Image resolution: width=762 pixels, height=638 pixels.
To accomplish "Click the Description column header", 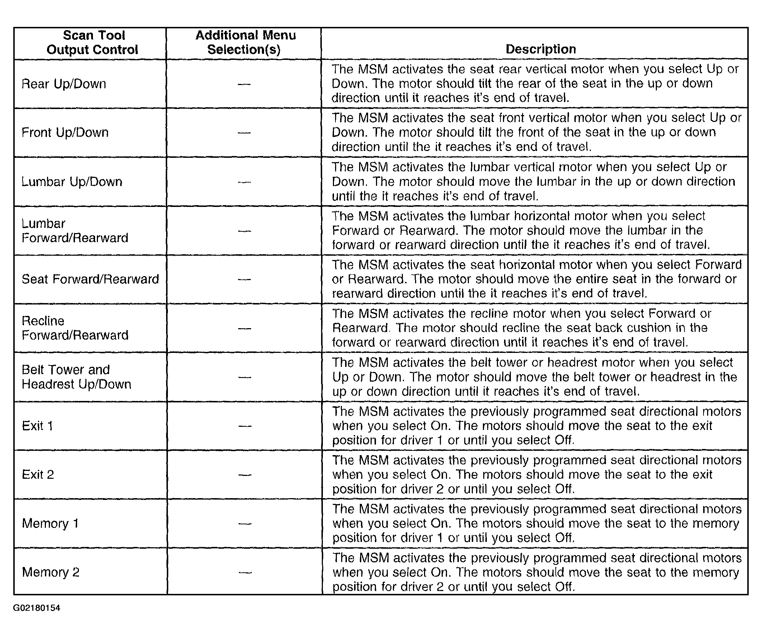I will click(x=540, y=49).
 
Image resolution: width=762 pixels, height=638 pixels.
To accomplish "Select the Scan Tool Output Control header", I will click(x=93, y=42).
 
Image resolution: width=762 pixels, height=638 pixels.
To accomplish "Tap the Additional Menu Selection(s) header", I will click(x=245, y=42).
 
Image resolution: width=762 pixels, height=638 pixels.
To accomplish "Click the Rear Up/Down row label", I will click(x=64, y=84).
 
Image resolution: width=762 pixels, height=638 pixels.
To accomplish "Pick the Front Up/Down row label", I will click(x=65, y=132).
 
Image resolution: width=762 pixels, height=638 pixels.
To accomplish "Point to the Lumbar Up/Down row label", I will click(x=72, y=181).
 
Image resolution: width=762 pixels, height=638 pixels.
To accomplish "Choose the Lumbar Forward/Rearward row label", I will click(x=75, y=230).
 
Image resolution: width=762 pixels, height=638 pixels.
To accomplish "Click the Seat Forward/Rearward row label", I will click(x=90, y=279).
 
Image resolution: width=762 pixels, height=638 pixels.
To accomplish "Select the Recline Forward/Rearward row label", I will click(x=75, y=328).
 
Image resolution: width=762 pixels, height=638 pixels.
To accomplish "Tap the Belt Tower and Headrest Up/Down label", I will click(x=76, y=377).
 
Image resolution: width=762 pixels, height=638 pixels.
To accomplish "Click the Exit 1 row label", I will click(x=37, y=425).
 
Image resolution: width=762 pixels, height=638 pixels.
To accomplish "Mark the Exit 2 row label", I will click(x=38, y=474).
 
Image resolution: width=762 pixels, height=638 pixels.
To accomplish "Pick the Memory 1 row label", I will click(x=50, y=523).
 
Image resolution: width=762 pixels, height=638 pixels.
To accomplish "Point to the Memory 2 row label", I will click(x=51, y=572).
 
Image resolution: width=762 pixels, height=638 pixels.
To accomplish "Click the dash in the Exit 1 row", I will click(x=245, y=426).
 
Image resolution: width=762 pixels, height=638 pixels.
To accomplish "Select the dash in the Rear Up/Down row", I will click(x=244, y=84).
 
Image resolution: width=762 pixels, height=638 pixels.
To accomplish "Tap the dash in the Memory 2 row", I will click(x=245, y=573).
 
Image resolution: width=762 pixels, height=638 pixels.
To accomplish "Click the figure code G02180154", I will click(x=37, y=608).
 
